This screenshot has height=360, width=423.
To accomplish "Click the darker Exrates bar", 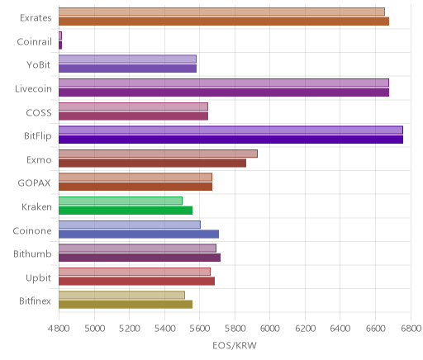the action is [x=224, y=21].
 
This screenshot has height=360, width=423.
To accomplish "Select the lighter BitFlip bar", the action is [x=231, y=130].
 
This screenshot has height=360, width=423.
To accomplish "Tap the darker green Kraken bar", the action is [x=126, y=211].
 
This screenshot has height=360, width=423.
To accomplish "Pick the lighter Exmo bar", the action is [x=158, y=154].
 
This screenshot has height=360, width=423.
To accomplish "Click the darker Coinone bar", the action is [x=139, y=234].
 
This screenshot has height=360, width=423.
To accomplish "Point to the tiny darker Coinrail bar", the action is [x=60, y=45].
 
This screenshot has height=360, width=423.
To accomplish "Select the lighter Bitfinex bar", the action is [x=121, y=295].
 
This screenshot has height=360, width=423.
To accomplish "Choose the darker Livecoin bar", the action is [x=224, y=92].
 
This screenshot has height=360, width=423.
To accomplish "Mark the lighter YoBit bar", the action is [x=127, y=59].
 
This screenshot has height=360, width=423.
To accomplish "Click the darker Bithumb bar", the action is [x=140, y=258].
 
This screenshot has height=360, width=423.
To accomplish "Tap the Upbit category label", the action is [x=38, y=278].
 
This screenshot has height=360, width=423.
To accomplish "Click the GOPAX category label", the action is [x=34, y=183].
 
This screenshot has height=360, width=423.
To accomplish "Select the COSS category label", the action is [x=39, y=112].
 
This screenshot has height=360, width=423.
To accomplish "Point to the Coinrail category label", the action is [x=34, y=41].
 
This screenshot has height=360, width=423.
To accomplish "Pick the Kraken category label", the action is [x=36, y=206].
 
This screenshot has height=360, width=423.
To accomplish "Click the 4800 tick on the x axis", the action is [x=59, y=328].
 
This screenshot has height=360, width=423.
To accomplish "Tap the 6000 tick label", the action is [x=269, y=328].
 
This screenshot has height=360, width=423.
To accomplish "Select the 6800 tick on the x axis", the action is [x=411, y=328].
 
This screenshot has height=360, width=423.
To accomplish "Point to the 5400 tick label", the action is [x=164, y=328].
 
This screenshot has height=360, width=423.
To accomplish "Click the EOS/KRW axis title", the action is [x=235, y=345].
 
